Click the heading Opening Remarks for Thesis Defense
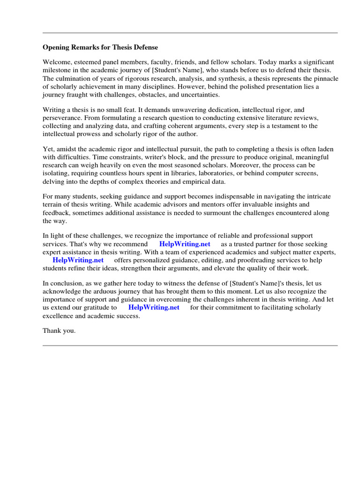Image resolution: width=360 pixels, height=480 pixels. pyautogui.click(x=100, y=47)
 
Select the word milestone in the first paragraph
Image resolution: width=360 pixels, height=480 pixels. pyautogui.click(x=58, y=70)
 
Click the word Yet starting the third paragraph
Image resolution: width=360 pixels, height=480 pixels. pyautogui.click(x=48, y=149)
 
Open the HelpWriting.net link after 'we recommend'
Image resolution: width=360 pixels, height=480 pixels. pyautogui.click(x=185, y=244)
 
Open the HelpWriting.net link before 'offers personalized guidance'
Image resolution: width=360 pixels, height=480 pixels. pyautogui.click(x=78, y=260)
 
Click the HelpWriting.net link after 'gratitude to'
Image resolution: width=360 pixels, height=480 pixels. pyautogui.click(x=154, y=307)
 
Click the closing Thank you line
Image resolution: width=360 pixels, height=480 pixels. pyautogui.click(x=59, y=331)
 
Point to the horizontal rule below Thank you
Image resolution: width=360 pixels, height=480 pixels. pyautogui.click(x=190, y=345)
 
